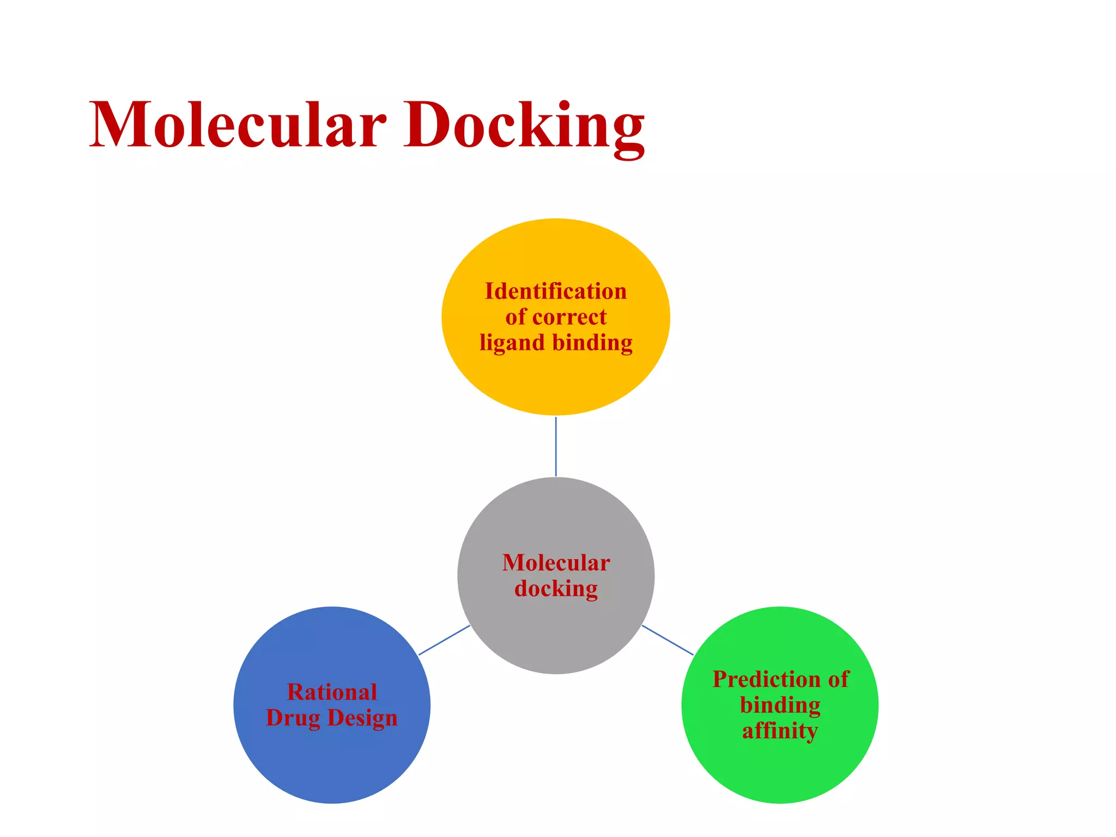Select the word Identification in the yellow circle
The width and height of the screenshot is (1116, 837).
556,291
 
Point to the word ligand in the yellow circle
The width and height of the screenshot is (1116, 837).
512,343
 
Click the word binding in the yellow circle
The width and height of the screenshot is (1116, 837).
593,343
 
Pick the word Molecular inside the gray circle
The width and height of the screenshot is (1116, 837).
556,563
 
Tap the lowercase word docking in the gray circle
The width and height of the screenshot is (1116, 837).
556,589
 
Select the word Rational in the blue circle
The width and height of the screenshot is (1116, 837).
332,692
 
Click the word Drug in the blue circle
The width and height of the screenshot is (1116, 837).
293,718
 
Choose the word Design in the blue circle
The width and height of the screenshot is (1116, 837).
362,718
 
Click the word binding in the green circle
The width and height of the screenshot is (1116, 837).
780,705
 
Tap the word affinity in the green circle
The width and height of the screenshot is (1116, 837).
780,731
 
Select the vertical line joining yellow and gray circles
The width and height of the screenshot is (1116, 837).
556,446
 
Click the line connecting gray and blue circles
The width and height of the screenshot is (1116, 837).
444,640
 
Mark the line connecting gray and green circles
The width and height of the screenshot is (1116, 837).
668,640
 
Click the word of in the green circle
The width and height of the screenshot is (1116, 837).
839,680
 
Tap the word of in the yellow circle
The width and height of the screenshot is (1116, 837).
515,317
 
